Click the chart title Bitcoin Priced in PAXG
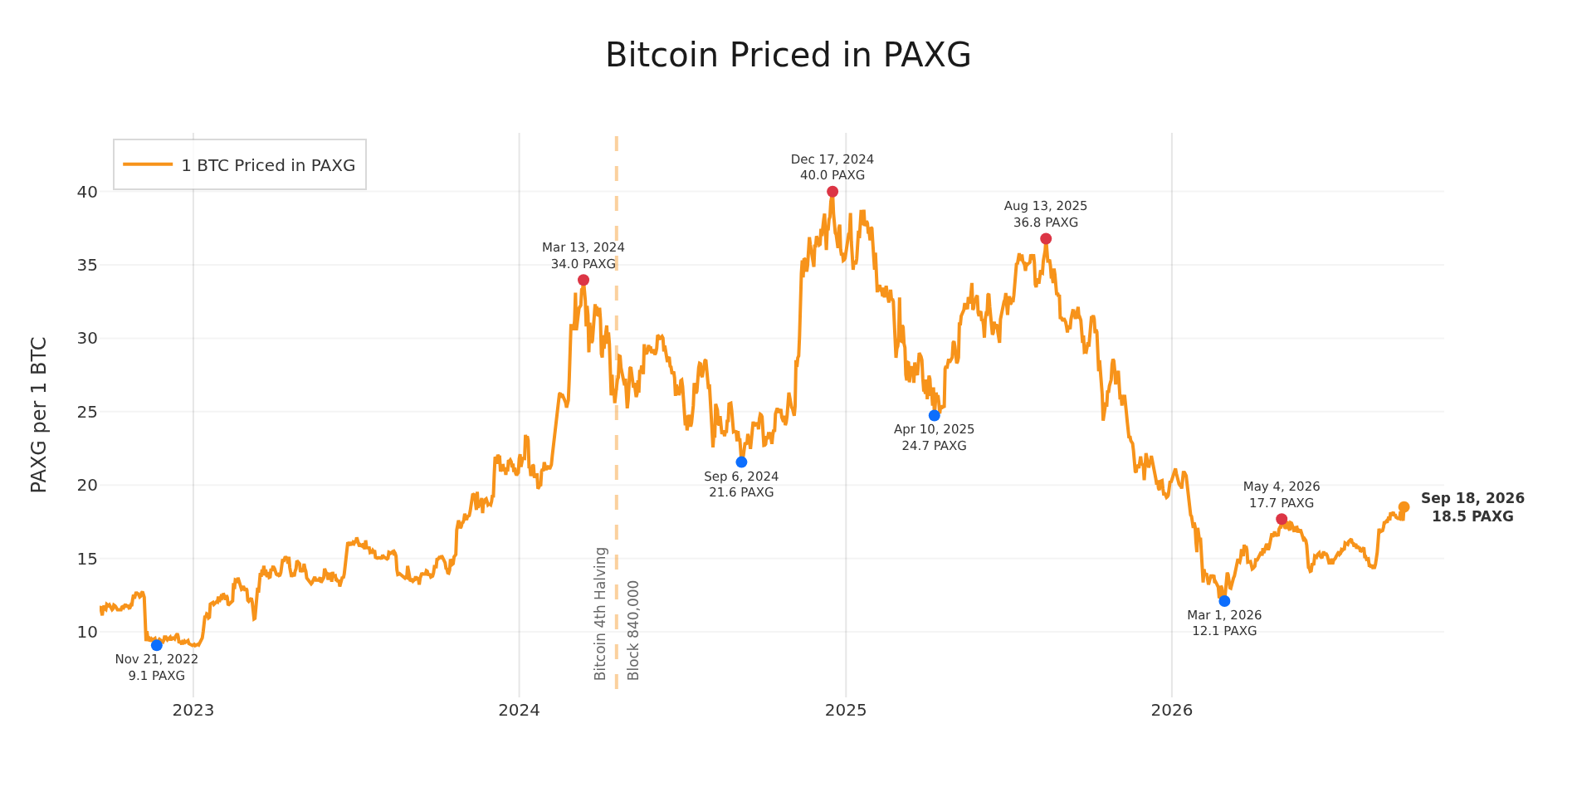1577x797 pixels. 788,56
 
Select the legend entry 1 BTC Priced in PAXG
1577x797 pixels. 240,165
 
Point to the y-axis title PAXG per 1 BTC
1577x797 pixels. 39,414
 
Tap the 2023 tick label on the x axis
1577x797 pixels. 193,711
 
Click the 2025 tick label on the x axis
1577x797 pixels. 846,711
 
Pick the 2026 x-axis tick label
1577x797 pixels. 1172,711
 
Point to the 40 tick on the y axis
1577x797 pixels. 87,192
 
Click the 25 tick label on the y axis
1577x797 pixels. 87,412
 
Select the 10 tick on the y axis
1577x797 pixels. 87,632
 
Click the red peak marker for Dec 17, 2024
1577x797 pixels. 832,192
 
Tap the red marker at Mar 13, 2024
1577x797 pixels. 583,280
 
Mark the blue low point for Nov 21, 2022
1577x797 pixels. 157,645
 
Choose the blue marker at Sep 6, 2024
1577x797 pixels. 741,462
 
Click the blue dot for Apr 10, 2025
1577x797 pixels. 935,415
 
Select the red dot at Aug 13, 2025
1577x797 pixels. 1046,239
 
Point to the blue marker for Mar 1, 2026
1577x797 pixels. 1224,601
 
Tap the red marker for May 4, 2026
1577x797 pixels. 1282,519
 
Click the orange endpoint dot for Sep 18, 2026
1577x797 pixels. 1404,507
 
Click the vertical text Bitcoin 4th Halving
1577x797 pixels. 601,614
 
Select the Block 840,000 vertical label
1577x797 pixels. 633,630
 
